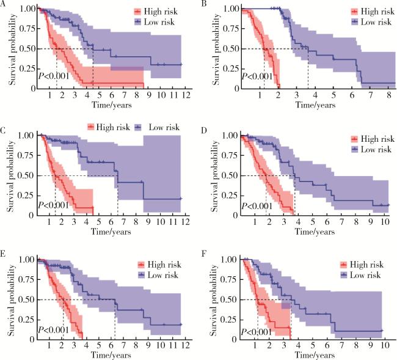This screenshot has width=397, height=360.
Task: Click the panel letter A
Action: coord(4,4)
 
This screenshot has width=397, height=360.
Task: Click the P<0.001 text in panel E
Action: coord(54,329)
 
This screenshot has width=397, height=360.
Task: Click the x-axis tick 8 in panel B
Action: coord(388,96)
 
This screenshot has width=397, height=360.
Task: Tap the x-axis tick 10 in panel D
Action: coord(386,224)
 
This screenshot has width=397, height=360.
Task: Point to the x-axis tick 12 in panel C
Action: coord(181,224)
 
